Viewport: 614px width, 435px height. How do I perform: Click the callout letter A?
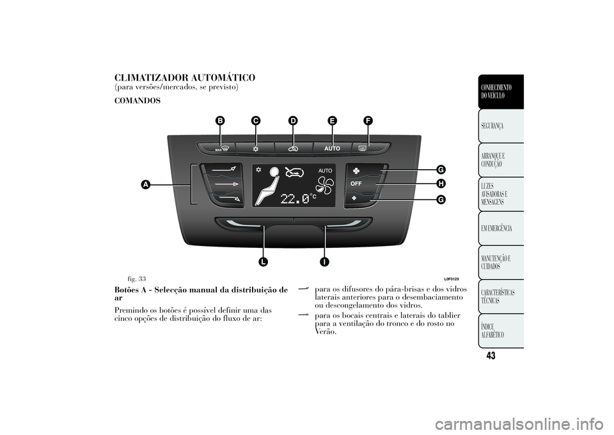(146, 185)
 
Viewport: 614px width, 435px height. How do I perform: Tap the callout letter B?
(220, 121)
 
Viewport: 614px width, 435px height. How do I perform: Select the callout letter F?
(367, 121)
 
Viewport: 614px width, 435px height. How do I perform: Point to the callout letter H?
(441, 184)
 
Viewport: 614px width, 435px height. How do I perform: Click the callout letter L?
(263, 261)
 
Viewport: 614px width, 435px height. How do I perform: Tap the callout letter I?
(324, 261)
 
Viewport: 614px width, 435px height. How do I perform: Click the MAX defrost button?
(216, 149)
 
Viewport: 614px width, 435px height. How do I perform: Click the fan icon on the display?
(325, 186)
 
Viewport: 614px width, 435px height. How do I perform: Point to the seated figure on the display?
(268, 186)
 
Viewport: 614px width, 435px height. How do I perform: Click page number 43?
(491, 356)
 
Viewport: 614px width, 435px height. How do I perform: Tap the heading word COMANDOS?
(138, 101)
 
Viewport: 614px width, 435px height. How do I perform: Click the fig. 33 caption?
(137, 279)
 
